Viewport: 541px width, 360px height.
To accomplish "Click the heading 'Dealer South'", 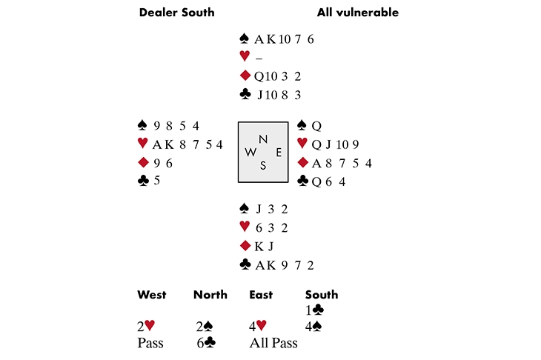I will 176,13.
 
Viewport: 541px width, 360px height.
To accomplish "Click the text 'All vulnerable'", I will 357,13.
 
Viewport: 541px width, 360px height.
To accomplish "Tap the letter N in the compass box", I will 263,139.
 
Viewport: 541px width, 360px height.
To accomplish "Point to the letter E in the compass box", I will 278,153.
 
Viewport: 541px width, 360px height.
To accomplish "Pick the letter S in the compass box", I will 263,166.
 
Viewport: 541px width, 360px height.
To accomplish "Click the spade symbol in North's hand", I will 244,39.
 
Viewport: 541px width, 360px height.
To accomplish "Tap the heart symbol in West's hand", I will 143,144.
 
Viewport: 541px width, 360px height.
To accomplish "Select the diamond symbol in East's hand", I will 302,162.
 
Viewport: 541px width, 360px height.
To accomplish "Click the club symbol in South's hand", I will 245,264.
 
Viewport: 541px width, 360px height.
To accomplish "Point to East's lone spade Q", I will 315,125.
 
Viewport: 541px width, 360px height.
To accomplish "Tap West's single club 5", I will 157,180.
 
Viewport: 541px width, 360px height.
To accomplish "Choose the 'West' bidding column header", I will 151,295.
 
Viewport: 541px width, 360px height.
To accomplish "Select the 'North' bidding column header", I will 210,295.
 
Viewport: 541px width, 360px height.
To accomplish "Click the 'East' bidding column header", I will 261,295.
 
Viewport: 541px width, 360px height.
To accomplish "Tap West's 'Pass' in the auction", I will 150,343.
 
